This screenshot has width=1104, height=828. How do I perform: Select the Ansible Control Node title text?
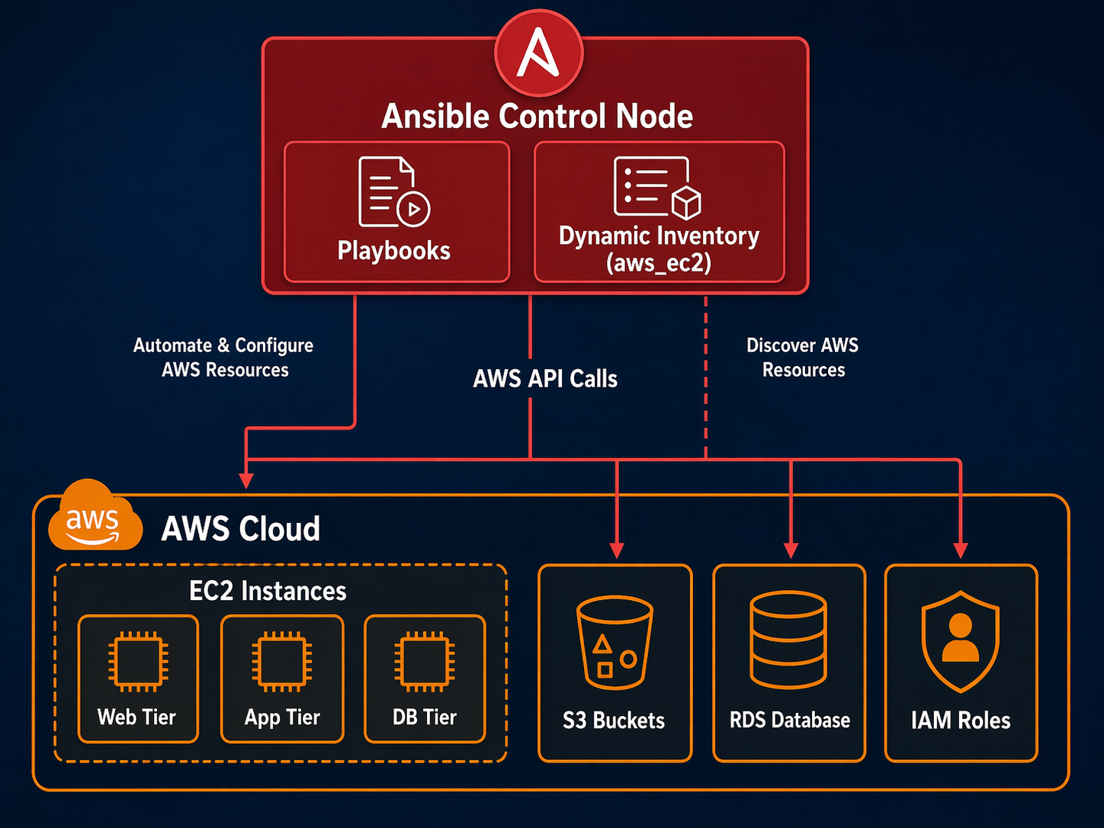click(537, 117)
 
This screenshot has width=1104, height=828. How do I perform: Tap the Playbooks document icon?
click(393, 192)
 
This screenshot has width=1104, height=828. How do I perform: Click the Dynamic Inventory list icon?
click(656, 188)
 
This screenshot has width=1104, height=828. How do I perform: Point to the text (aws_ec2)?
click(659, 264)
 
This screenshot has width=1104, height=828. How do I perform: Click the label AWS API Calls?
click(544, 379)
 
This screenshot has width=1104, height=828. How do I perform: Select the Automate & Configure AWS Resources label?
click(223, 358)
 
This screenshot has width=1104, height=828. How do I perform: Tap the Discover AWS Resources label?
click(803, 358)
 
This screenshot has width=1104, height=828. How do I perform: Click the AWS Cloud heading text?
click(240, 528)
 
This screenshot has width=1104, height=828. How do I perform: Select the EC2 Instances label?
click(268, 591)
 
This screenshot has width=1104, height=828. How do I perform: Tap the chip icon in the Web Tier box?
click(138, 661)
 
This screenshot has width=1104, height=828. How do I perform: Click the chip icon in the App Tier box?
click(282, 661)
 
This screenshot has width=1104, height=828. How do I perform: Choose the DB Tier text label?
click(424, 717)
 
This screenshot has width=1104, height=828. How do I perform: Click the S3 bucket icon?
click(615, 642)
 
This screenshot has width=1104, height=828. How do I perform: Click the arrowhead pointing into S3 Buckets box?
click(617, 550)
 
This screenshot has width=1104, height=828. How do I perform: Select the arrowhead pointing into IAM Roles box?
click(960, 550)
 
